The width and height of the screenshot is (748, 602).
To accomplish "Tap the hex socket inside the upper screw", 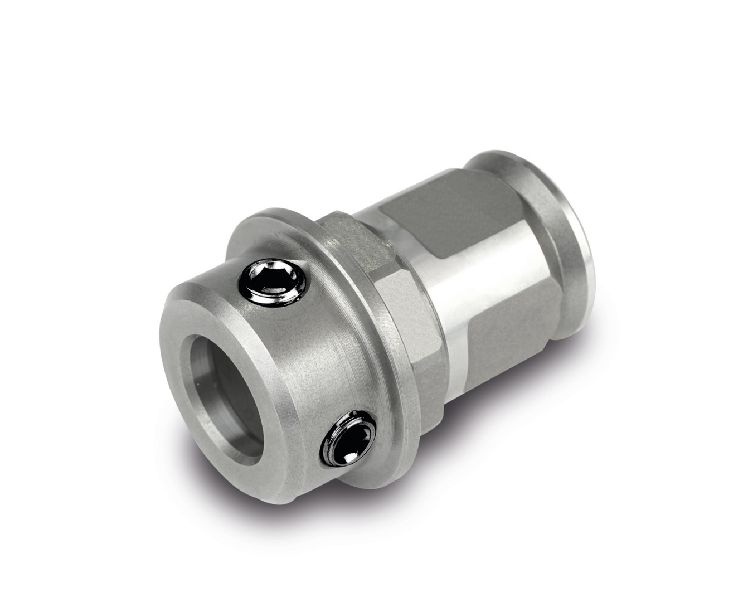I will (x=273, y=277).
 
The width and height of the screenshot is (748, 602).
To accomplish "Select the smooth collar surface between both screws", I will (x=318, y=362).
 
